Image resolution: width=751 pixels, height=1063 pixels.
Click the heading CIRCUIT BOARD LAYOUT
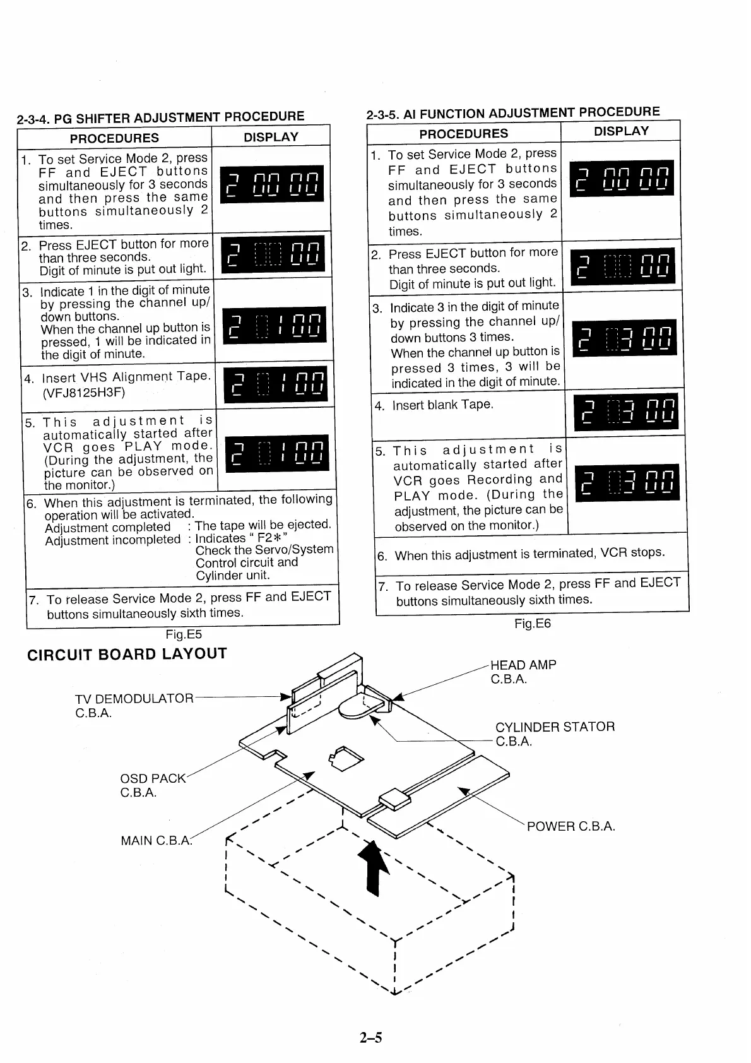click(127, 654)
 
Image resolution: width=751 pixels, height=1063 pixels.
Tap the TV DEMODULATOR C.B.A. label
click(134, 705)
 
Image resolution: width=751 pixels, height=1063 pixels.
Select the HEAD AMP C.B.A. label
click(523, 672)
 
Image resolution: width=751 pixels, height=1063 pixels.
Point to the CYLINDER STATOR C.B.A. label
click(554, 733)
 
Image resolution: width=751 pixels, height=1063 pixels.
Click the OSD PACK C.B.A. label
click(153, 785)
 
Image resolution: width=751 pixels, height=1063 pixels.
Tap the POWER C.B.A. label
click(571, 826)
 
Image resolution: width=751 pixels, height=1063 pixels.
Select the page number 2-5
click(371, 1037)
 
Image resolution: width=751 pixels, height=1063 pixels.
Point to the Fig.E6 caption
click(532, 624)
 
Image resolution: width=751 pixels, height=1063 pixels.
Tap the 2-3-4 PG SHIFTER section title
click(160, 117)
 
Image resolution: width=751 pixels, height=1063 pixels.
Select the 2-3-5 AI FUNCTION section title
click(512, 113)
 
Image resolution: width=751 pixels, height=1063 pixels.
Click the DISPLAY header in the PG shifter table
click(271, 137)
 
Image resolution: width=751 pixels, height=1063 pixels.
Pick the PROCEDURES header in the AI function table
click(463, 133)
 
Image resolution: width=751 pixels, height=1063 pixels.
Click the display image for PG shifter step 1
click(272, 184)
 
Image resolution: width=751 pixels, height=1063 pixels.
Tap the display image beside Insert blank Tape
click(625, 412)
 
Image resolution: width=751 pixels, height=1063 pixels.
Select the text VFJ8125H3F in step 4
click(84, 393)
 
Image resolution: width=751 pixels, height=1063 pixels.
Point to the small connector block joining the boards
click(396, 799)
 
